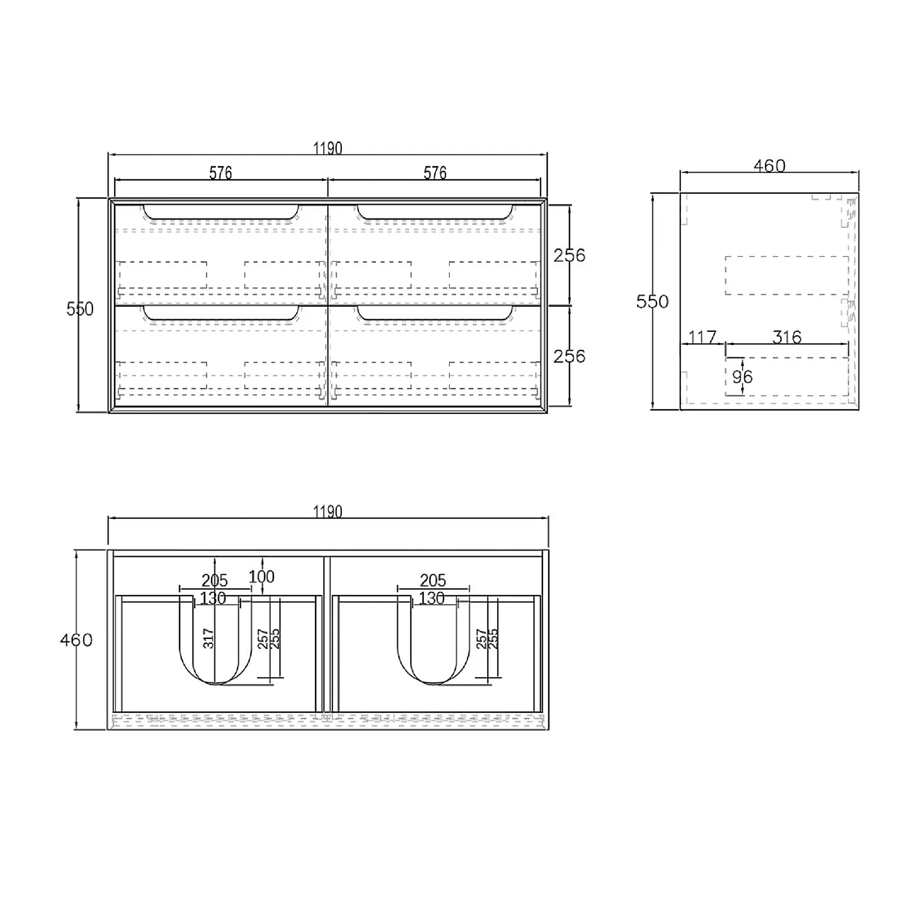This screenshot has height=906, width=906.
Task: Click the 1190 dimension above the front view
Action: click(328, 148)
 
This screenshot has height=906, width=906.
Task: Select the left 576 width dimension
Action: click(221, 173)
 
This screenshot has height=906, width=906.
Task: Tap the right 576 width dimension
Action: click(435, 173)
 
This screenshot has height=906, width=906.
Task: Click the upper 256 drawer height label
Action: click(569, 255)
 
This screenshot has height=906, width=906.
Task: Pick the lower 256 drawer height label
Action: click(569, 357)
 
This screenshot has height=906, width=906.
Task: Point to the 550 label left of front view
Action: click(80, 309)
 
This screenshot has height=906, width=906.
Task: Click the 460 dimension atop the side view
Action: click(769, 166)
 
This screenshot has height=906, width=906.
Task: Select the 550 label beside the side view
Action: click(652, 302)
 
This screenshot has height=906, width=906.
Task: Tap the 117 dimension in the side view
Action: click(702, 337)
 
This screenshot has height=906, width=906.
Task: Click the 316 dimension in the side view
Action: click(787, 337)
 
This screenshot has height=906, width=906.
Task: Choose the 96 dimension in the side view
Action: click(742, 376)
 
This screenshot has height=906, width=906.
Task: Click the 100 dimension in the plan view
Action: click(261, 577)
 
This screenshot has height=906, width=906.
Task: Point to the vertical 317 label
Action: click(209, 639)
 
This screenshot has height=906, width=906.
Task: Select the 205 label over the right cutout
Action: click(432, 581)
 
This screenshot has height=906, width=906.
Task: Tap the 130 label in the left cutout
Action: click(213, 598)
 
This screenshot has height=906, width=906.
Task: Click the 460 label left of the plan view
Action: click(76, 640)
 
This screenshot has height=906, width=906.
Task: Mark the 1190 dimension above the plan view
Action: click(328, 511)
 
